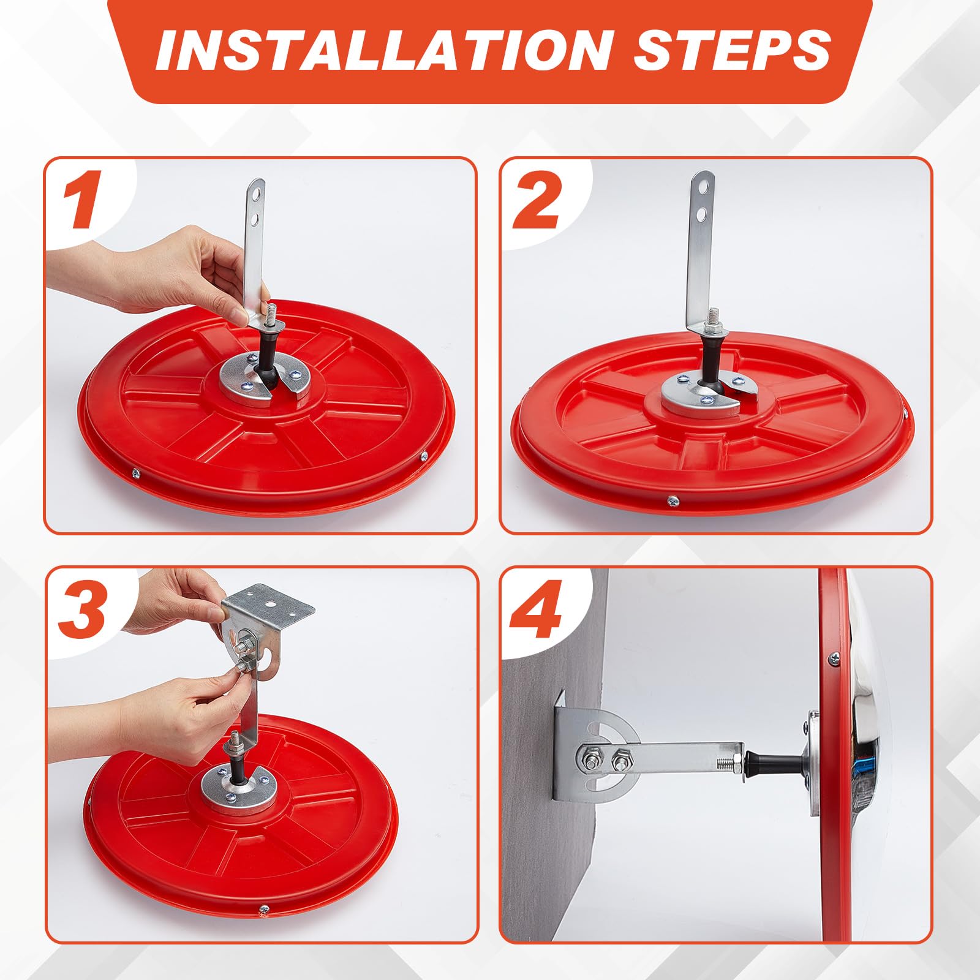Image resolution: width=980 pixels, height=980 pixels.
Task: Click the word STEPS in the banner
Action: coord(733,50)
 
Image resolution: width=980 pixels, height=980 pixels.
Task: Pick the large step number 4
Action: coord(537,608)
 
